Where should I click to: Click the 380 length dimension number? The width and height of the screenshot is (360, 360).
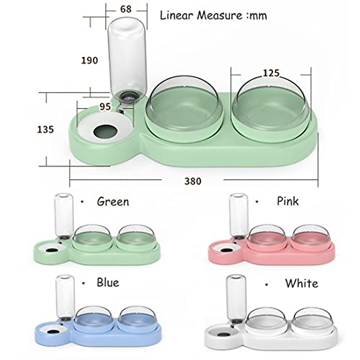193,181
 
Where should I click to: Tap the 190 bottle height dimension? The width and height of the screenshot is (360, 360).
89,60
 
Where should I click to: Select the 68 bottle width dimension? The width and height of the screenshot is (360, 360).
126,9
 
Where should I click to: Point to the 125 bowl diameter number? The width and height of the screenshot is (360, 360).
271,73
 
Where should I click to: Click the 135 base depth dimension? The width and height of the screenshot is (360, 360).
45,129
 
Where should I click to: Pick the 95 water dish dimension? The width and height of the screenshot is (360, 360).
105,106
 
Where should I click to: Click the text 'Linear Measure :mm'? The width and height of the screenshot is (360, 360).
213,15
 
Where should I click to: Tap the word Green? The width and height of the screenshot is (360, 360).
113,202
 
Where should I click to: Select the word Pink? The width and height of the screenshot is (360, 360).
288,201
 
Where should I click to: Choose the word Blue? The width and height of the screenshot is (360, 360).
108,282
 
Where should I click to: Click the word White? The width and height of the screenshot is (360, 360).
301,283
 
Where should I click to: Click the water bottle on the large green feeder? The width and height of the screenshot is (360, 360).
127,60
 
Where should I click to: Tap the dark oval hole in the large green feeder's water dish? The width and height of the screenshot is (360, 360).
105,131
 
